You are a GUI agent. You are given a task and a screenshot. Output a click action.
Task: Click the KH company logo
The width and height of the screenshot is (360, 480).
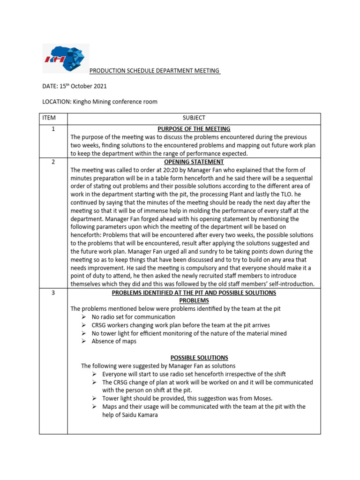coord(65,59)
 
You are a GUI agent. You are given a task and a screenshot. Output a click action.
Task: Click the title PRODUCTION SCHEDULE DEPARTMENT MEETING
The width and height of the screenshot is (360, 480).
coord(155,71)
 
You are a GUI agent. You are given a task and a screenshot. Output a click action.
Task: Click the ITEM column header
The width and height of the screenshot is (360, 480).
coord(53,118)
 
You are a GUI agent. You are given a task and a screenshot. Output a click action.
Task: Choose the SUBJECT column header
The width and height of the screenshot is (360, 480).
coord(194,118)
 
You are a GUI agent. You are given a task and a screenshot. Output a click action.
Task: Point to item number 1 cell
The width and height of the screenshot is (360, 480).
coord(53,129)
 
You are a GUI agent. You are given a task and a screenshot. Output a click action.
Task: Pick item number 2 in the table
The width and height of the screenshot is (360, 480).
coord(53,162)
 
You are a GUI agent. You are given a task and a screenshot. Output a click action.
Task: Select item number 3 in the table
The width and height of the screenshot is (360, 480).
coord(53,292)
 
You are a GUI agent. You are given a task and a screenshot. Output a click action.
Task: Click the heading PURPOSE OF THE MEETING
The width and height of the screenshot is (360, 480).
coord(194,129)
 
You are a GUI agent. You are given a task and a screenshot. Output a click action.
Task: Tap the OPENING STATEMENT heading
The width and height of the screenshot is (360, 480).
coord(194,162)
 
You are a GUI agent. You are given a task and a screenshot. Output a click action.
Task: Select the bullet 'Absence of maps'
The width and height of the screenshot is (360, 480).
coord(114,341)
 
